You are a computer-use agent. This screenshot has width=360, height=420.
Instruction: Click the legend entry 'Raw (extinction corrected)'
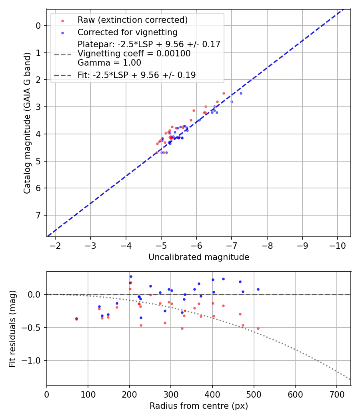[x=132, y=20]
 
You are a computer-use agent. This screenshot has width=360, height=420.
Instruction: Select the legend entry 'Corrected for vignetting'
[x=127, y=32]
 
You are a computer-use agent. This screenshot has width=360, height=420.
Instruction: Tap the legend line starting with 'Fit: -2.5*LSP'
[x=136, y=75]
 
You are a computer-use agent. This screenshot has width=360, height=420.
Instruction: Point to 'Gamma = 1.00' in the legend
[x=109, y=62]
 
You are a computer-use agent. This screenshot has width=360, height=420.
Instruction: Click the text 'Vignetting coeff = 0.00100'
[x=134, y=54]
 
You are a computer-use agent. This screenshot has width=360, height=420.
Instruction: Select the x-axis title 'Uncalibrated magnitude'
[x=199, y=257]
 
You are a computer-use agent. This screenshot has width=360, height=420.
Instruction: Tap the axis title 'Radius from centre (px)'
[x=199, y=406]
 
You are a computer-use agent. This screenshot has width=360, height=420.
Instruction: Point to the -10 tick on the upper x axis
[x=337, y=245]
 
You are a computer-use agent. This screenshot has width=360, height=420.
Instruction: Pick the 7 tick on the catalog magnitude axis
[x=38, y=216]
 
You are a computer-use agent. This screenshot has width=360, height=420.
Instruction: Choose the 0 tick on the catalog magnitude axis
[x=38, y=26]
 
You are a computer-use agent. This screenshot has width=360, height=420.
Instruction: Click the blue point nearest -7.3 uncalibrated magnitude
[x=241, y=93]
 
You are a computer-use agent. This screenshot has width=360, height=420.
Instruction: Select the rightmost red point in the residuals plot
[x=258, y=328]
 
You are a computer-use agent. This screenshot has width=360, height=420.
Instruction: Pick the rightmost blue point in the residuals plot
[x=258, y=289]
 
